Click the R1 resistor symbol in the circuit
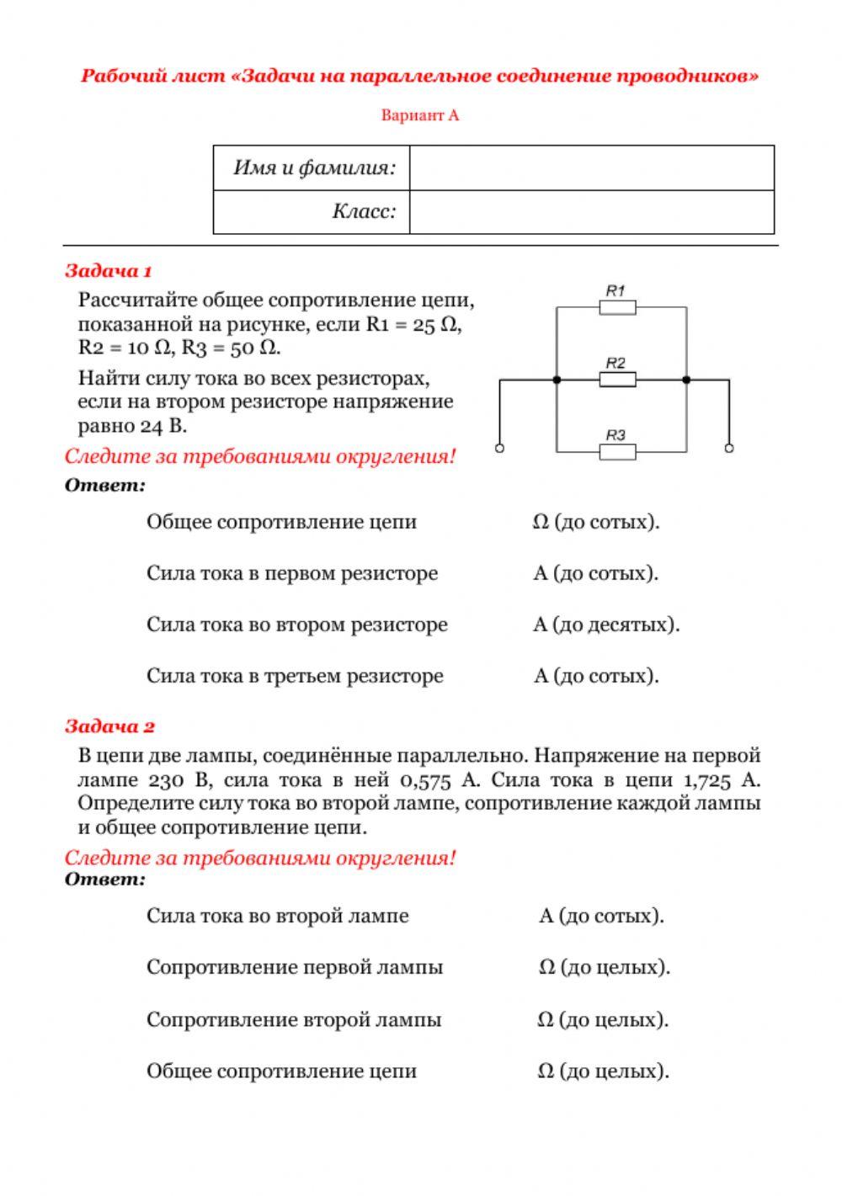click(x=617, y=307)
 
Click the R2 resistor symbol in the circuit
click(x=617, y=380)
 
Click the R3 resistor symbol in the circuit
click(x=617, y=452)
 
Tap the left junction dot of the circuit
click(x=557, y=380)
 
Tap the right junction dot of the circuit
click(x=686, y=380)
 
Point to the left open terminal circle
click(x=499, y=449)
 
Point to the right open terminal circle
click(x=729, y=449)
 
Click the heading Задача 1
click(x=108, y=271)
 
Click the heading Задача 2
click(x=109, y=726)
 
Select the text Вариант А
click(x=419, y=115)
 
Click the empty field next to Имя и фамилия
click(x=591, y=167)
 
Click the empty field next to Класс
click(x=591, y=212)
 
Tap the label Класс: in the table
click(x=364, y=211)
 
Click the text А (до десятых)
click(x=606, y=625)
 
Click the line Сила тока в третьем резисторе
click(x=295, y=676)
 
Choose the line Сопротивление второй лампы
click(x=294, y=1019)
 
